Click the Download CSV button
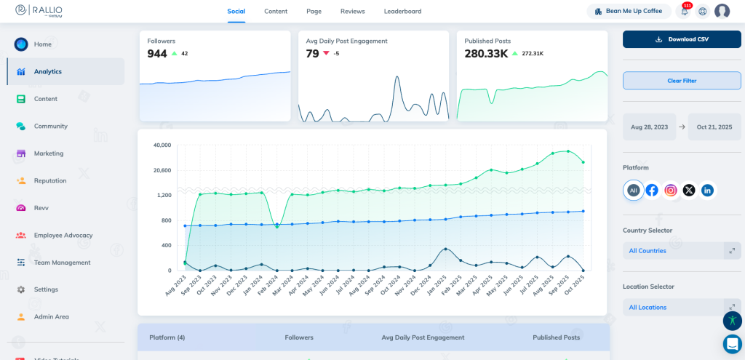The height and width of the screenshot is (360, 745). tap(682, 39)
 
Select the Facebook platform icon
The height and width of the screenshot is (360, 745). tap(652, 191)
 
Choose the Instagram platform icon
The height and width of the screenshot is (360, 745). tap(671, 191)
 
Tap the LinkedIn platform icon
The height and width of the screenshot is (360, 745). tap(707, 191)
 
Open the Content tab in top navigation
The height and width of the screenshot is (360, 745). tap(276, 11)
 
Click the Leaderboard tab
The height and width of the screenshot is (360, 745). tap(402, 11)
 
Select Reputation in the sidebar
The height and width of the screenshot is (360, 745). tap(50, 180)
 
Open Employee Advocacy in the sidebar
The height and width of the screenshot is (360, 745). tap(63, 235)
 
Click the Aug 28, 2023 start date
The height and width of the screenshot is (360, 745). tap(649, 127)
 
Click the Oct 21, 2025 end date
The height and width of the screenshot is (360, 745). tap(714, 127)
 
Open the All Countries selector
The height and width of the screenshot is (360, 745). tap(682, 251)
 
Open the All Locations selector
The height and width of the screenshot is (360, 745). tap(682, 308)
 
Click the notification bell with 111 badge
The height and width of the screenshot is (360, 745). tap(685, 12)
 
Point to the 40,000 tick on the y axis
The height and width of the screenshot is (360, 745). tap(162, 145)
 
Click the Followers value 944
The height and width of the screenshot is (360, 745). tap(157, 54)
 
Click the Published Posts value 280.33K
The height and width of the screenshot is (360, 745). tap(486, 54)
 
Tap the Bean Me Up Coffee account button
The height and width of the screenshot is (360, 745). tap(629, 12)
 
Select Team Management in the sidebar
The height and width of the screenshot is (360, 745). tap(62, 263)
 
